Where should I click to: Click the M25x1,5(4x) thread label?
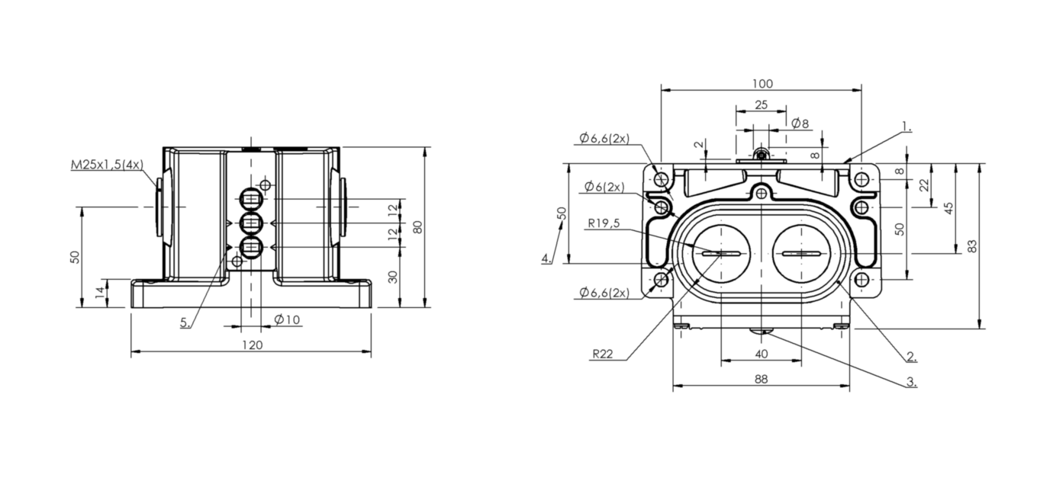(x=107, y=165)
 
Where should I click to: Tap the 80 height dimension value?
(x=417, y=227)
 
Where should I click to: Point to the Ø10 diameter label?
(x=288, y=319)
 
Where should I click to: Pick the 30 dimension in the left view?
(x=393, y=277)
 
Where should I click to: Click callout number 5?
(x=185, y=322)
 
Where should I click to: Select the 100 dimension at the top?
(x=762, y=83)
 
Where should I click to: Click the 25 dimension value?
(x=761, y=104)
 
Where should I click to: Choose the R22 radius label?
(x=603, y=354)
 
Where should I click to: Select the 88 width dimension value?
(x=761, y=378)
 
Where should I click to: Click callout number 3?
(x=911, y=382)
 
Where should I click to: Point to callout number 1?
(x=906, y=126)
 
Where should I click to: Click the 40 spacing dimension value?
(x=762, y=354)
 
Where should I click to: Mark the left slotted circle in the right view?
(x=721, y=253)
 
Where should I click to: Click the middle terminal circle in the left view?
(x=252, y=223)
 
